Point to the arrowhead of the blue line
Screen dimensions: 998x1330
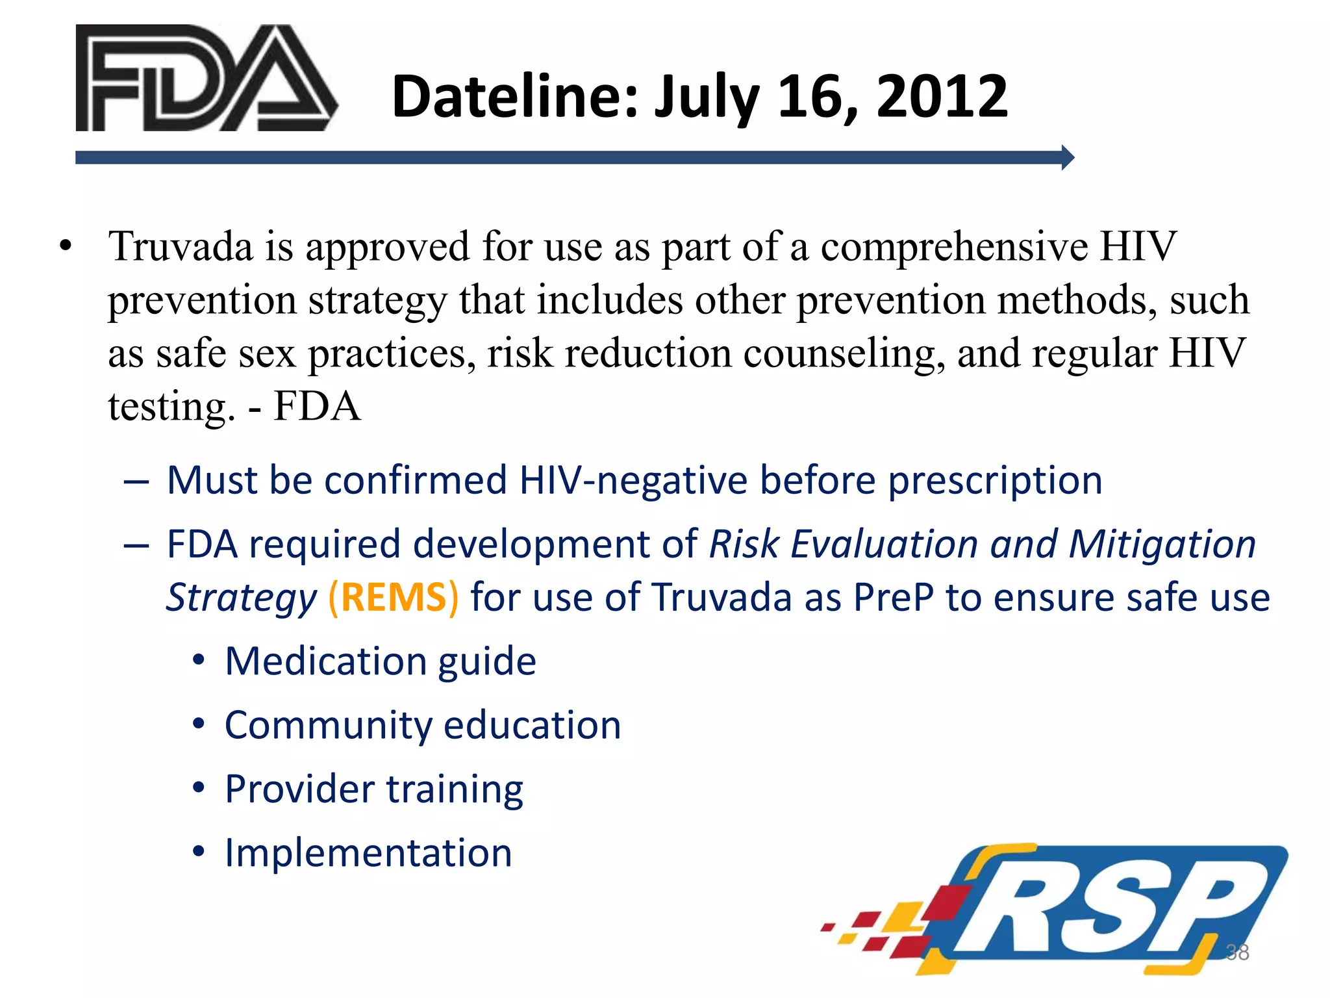pyautogui.click(x=1067, y=157)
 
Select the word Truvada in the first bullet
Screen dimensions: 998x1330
pyautogui.click(x=181, y=247)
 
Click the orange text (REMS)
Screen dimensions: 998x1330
pyautogui.click(x=394, y=598)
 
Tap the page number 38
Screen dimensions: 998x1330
pyautogui.click(x=1236, y=952)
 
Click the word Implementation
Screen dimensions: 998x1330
pyautogui.click(x=368, y=852)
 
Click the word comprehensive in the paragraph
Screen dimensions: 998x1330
pyautogui.click(x=954, y=247)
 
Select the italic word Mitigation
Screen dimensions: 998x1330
pyautogui.click(x=1162, y=544)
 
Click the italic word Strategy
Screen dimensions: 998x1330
pyautogui.click(x=241, y=598)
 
